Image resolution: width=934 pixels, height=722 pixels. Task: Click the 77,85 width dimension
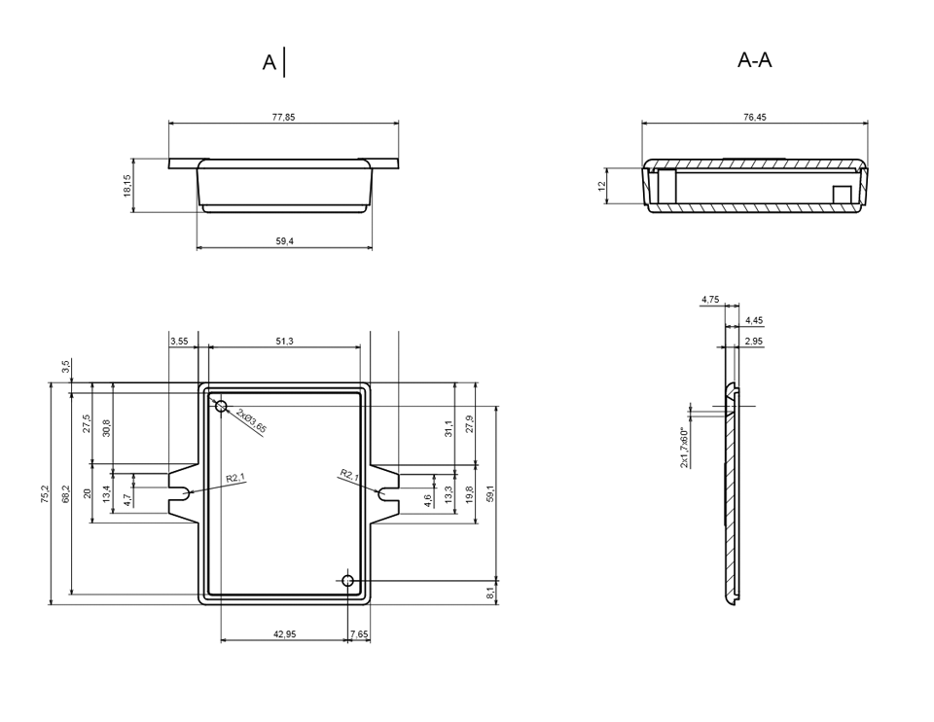pos(283,117)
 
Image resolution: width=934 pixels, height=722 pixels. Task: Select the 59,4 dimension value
pos(285,241)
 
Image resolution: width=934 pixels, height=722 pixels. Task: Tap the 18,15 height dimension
pos(127,185)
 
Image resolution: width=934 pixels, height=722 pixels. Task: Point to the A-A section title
pos(755,60)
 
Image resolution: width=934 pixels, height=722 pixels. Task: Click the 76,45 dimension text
pos(755,117)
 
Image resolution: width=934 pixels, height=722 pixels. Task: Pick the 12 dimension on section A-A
pos(601,186)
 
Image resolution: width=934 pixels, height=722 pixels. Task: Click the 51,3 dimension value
pos(284,342)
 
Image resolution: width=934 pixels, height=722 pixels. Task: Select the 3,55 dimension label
pos(179,342)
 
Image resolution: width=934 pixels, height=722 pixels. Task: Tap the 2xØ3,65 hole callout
pos(251,420)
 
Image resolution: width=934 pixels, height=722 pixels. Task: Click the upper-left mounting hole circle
pos(221,407)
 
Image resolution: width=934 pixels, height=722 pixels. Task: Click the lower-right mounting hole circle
pos(348,580)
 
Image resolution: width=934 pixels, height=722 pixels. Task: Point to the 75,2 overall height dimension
pos(46,494)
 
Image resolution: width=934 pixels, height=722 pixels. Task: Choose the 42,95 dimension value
pos(285,634)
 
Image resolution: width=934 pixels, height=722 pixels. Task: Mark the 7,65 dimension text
pos(359,634)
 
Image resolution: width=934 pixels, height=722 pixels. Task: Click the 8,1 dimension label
pos(489,593)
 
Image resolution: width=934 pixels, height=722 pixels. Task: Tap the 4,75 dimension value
pos(710,300)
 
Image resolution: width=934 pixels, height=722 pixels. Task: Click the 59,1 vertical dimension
pos(490,494)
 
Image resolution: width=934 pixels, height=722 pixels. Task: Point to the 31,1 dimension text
pos(449,428)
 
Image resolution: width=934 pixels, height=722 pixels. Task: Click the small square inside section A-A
pos(843,194)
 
